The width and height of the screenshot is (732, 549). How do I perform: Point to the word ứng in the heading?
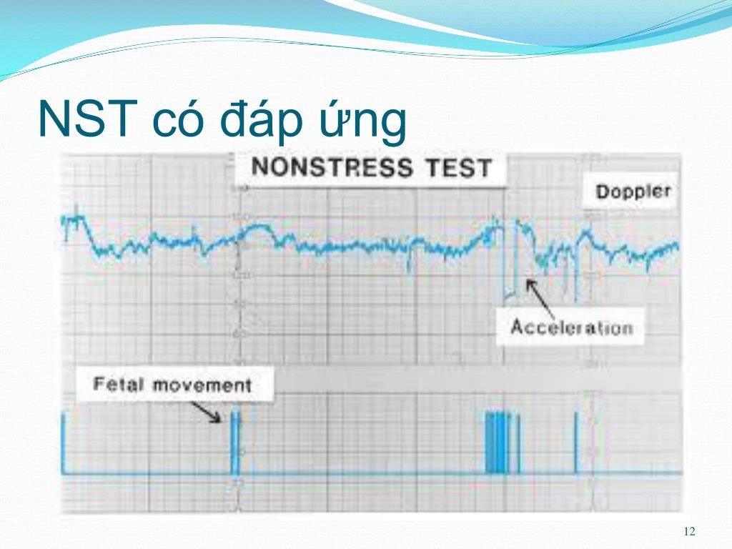pyautogui.click(x=365, y=122)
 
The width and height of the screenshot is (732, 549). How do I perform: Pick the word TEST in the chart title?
pyautogui.click(x=458, y=169)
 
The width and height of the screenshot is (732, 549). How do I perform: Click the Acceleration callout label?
pyautogui.click(x=571, y=328)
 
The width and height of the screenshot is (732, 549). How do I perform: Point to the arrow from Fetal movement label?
pyautogui.click(x=207, y=412)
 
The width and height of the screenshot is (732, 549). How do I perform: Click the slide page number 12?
pyautogui.click(x=689, y=531)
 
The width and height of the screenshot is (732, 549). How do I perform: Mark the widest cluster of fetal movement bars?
pyautogui.click(x=498, y=443)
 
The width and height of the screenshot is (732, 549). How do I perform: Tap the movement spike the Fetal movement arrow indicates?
pyautogui.click(x=235, y=443)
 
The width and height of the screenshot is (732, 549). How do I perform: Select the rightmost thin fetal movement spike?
pyautogui.click(x=575, y=443)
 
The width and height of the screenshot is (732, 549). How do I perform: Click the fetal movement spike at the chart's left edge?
pyautogui.click(x=63, y=443)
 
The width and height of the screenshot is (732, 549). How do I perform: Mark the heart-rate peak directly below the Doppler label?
pyautogui.click(x=586, y=232)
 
